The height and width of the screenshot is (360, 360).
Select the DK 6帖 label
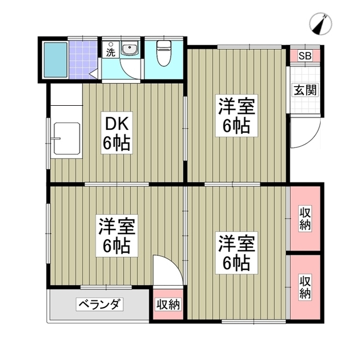tap(116, 134)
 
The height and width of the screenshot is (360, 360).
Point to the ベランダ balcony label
tap(100, 305)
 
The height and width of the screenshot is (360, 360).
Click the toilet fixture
tap(164, 55)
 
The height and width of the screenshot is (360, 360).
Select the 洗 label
tap(110, 52)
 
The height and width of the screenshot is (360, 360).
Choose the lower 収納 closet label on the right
tap(305, 287)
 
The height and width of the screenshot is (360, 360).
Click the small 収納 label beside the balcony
tap(168, 305)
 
